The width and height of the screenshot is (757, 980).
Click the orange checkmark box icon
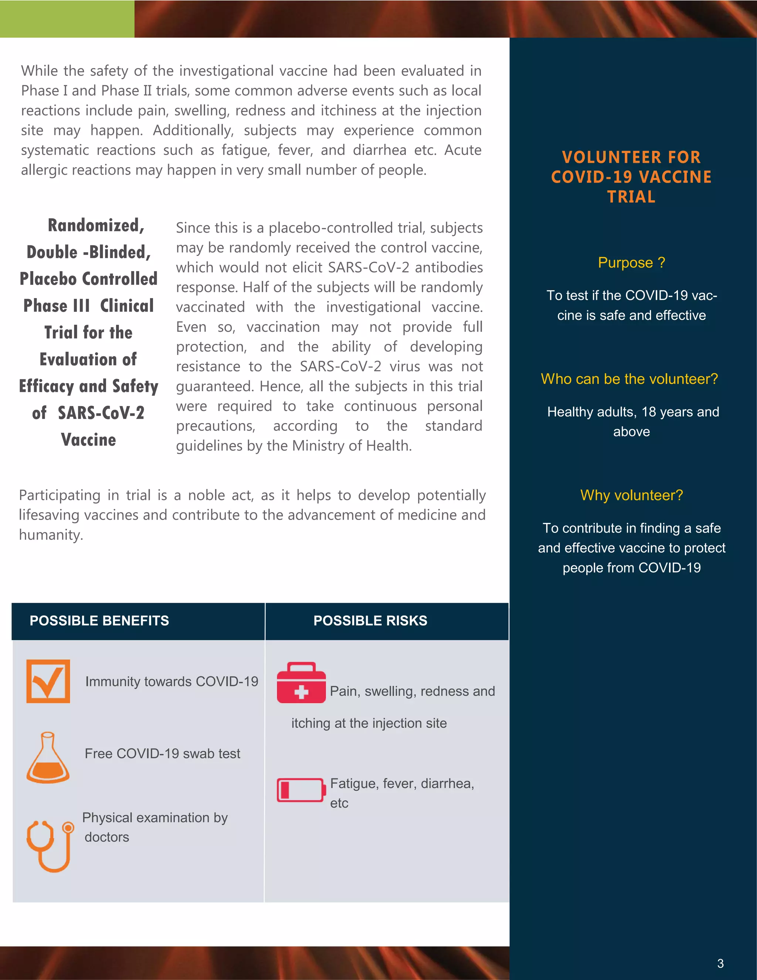pyautogui.click(x=48, y=681)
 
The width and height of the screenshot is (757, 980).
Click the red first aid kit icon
pyautogui.click(x=301, y=683)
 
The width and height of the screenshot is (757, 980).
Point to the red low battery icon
pyautogui.click(x=301, y=790)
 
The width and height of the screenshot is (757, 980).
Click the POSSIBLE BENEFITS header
pyautogui.click(x=99, y=621)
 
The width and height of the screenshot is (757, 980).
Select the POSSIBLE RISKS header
pyautogui.click(x=370, y=621)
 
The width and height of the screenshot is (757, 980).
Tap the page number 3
pyautogui.click(x=720, y=963)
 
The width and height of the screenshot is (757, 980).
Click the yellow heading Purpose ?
pyautogui.click(x=631, y=263)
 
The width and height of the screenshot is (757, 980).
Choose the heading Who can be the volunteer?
pyautogui.click(x=629, y=379)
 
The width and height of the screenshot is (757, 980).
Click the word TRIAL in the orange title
pyautogui.click(x=631, y=196)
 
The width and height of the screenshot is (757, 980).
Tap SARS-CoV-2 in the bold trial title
pyautogui.click(x=101, y=413)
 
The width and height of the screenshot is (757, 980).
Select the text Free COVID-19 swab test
pyautogui.click(x=162, y=753)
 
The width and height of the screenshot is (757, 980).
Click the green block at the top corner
pyautogui.click(x=67, y=18)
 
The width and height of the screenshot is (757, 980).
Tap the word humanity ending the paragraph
pyautogui.click(x=50, y=535)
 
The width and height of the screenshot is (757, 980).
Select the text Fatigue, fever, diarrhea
pyautogui.click(x=402, y=784)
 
